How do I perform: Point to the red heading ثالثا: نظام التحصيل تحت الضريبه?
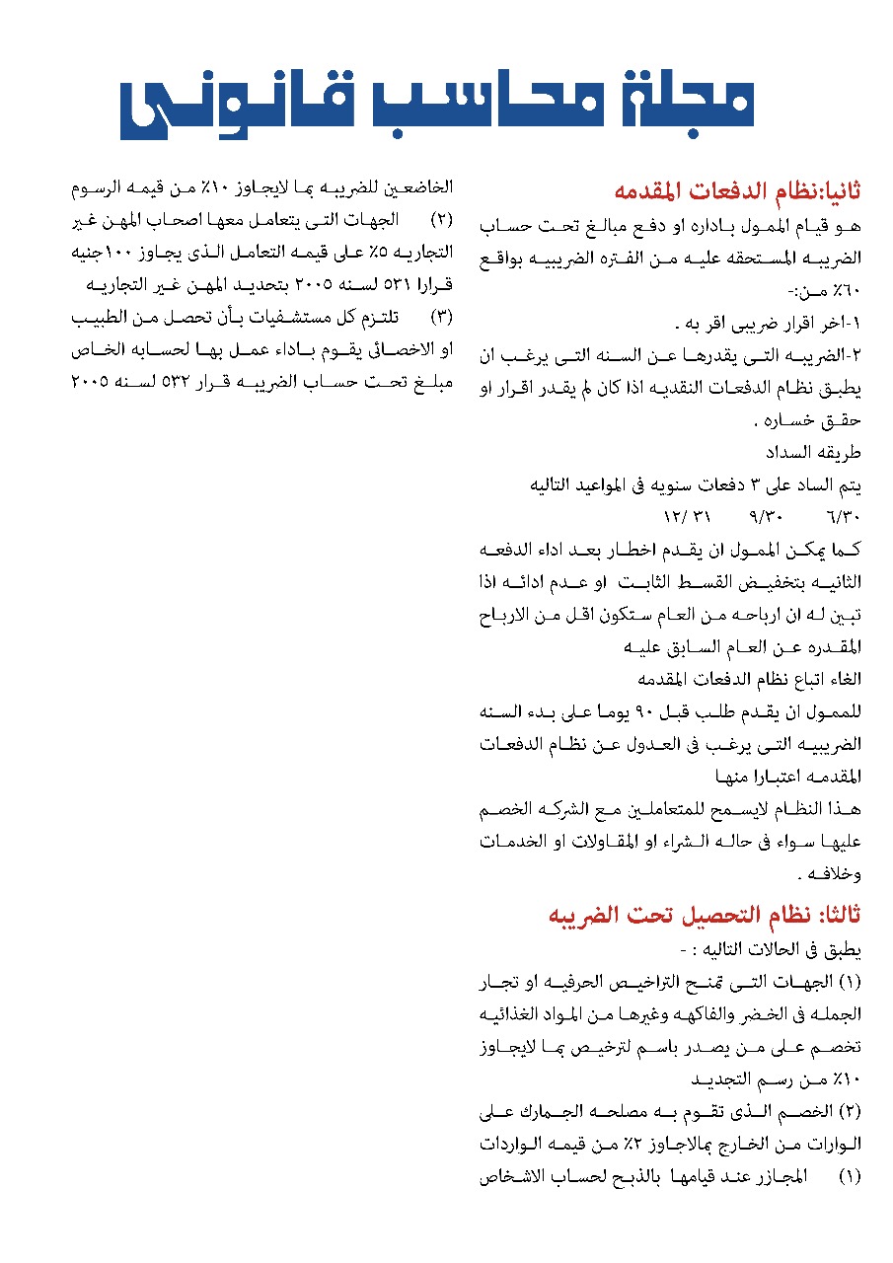tap(705, 916)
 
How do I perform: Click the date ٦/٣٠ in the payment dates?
tap(845, 517)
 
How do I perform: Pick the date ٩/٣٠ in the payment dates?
tap(766, 517)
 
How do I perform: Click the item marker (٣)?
tap(443, 319)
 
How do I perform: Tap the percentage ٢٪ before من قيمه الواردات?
tap(673, 1145)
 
